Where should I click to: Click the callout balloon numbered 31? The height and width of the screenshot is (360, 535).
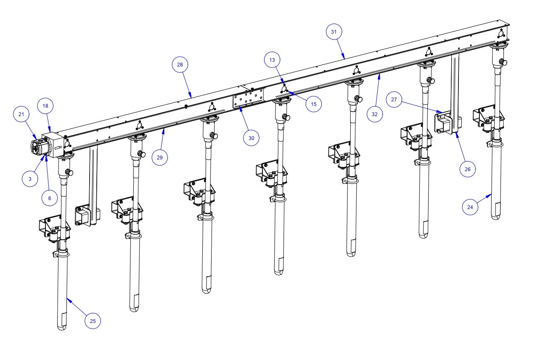pyautogui.click(x=334, y=32)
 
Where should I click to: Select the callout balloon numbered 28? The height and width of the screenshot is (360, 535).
pyautogui.click(x=180, y=65)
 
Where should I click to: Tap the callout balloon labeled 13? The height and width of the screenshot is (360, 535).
pyautogui.click(x=272, y=60)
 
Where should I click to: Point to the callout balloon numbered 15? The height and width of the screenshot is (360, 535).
pyautogui.click(x=314, y=104)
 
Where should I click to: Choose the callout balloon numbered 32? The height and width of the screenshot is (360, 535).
pyautogui.click(x=374, y=114)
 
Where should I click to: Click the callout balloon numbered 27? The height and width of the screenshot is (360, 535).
pyautogui.click(x=394, y=100)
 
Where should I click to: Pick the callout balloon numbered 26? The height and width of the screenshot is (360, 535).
pyautogui.click(x=468, y=169)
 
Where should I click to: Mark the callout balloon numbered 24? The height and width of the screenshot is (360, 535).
pyautogui.click(x=470, y=207)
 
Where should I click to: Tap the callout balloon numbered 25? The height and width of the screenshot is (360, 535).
pyautogui.click(x=93, y=321)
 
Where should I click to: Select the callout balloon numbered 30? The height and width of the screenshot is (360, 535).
pyautogui.click(x=252, y=138)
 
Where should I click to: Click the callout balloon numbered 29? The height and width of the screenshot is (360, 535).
pyautogui.click(x=160, y=157)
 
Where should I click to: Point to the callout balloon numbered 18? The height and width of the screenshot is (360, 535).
pyautogui.click(x=45, y=106)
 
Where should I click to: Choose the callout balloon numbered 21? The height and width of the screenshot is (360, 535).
pyautogui.click(x=21, y=114)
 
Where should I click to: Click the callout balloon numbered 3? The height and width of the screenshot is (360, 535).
pyautogui.click(x=30, y=179)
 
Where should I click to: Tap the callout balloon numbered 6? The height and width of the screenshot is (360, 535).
pyautogui.click(x=50, y=198)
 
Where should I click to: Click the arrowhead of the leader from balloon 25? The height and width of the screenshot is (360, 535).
pyautogui.click(x=67, y=299)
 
